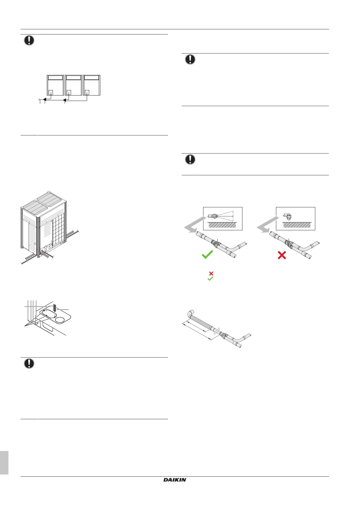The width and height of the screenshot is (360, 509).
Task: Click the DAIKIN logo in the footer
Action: click(x=175, y=479)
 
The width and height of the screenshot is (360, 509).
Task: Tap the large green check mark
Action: click(x=207, y=254)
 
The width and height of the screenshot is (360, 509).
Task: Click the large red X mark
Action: click(x=282, y=256)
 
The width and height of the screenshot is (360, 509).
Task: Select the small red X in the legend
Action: click(x=211, y=274)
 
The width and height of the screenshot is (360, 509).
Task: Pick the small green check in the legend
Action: click(x=211, y=279)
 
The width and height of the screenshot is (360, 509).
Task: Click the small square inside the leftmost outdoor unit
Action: click(x=51, y=92)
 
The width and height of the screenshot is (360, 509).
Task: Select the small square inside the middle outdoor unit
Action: click(x=69, y=92)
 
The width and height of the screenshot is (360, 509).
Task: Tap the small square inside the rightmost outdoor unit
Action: click(x=87, y=92)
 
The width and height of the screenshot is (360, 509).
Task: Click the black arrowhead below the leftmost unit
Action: click(x=44, y=99)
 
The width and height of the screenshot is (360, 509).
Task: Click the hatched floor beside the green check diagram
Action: click(x=222, y=225)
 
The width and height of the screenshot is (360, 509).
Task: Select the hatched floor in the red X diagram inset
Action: click(x=297, y=225)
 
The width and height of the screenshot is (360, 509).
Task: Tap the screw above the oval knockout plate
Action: click(x=55, y=308)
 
